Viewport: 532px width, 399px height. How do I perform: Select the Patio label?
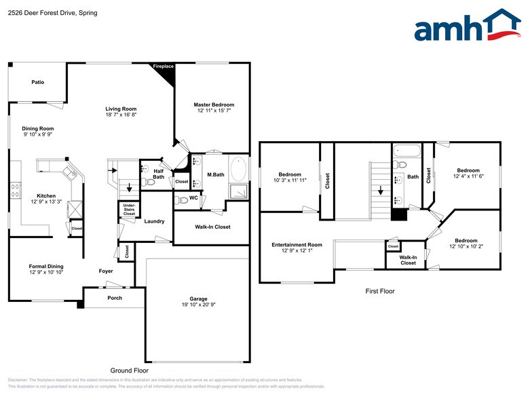point(38,82)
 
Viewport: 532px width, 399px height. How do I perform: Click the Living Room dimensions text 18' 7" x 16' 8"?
point(121,115)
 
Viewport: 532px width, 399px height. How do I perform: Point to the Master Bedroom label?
point(214,104)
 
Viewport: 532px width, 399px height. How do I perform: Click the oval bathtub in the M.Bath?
point(240,168)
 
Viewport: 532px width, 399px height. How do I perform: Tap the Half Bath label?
point(158,174)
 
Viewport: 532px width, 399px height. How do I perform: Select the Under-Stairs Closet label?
point(129,209)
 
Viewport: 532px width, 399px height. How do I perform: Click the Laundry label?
point(155,221)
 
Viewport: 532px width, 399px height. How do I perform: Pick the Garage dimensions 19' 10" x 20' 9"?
point(198,305)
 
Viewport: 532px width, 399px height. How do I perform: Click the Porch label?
point(115,298)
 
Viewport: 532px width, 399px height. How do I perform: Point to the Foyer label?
point(106,271)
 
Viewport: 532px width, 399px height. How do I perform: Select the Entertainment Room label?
point(297,244)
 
